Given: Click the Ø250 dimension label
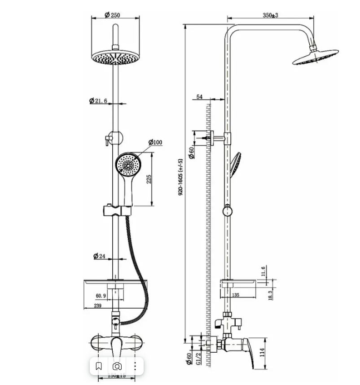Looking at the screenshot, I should [x=112, y=15].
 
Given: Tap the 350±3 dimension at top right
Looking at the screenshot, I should [x=270, y=15].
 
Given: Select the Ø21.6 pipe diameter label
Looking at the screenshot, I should [x=98, y=101].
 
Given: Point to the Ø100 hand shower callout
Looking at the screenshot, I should [x=155, y=143].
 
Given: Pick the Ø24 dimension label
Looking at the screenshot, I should [x=99, y=256].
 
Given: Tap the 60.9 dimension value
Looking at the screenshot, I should [x=101, y=296].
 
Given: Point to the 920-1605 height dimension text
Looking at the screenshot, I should [x=181, y=177].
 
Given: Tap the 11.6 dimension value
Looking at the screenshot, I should [x=264, y=271].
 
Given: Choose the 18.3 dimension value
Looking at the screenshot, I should [x=271, y=295].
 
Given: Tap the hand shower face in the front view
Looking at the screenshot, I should [x=127, y=165].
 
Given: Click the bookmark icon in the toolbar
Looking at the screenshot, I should [x=99, y=366].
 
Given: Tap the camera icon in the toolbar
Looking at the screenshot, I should [x=117, y=366].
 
